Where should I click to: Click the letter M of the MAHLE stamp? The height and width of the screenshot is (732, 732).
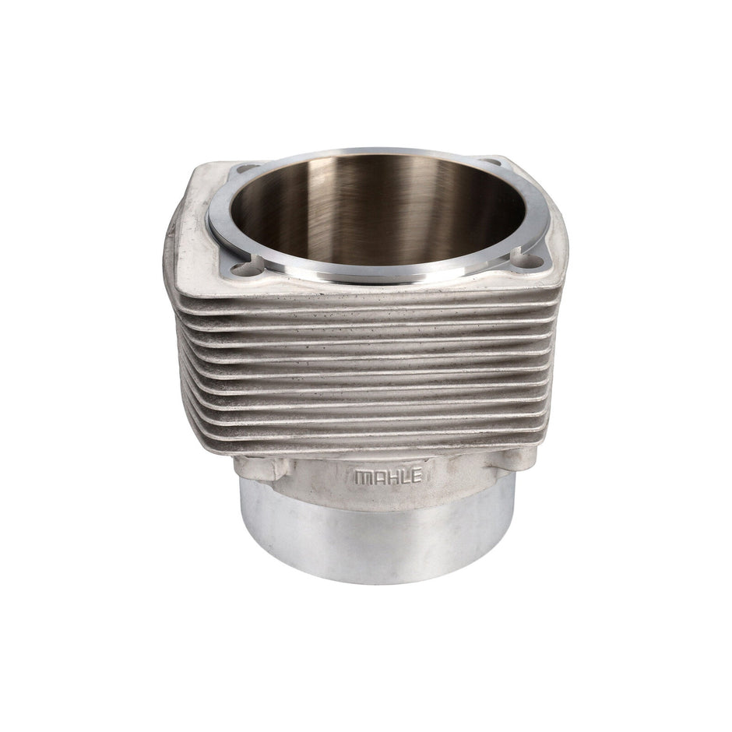[x=362, y=477]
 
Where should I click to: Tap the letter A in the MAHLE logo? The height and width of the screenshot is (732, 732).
[x=376, y=477]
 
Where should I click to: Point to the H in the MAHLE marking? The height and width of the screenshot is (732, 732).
[x=389, y=477]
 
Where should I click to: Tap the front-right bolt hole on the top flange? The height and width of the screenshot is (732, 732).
[x=531, y=262]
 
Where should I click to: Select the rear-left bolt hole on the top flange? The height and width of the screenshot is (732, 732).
[x=249, y=168]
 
